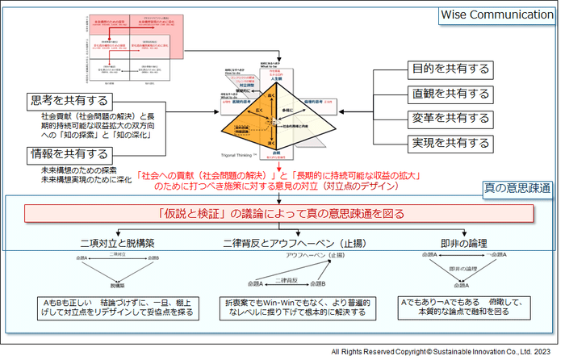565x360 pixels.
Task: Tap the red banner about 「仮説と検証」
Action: click(x=279, y=214)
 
